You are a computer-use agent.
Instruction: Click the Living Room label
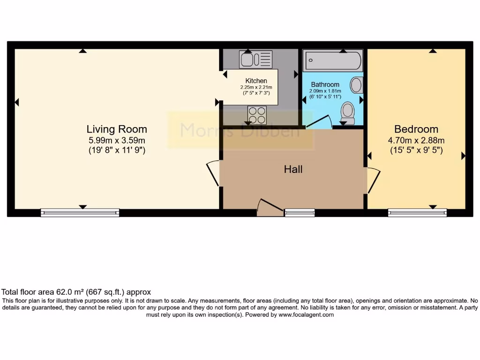coord(117,129)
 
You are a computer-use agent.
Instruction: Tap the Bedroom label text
coord(416,129)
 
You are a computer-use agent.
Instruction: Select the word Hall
coord(293,169)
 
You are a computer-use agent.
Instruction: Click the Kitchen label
coord(256,81)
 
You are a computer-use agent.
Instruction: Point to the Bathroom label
coord(325,85)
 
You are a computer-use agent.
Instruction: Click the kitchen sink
coord(255,60)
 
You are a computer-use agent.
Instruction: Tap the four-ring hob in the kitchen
coord(257,113)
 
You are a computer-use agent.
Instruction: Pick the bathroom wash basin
coord(357,85)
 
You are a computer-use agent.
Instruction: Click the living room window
coord(80,213)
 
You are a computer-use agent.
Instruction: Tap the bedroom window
coord(418,213)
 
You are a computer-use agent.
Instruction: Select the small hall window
coord(300,213)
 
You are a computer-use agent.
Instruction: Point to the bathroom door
coord(319,122)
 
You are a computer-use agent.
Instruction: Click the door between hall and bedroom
coord(374,180)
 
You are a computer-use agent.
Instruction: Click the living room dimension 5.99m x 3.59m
coord(117,140)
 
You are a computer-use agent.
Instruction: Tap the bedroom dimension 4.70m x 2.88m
coord(416,140)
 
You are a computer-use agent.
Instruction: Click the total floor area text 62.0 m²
coord(76,292)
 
